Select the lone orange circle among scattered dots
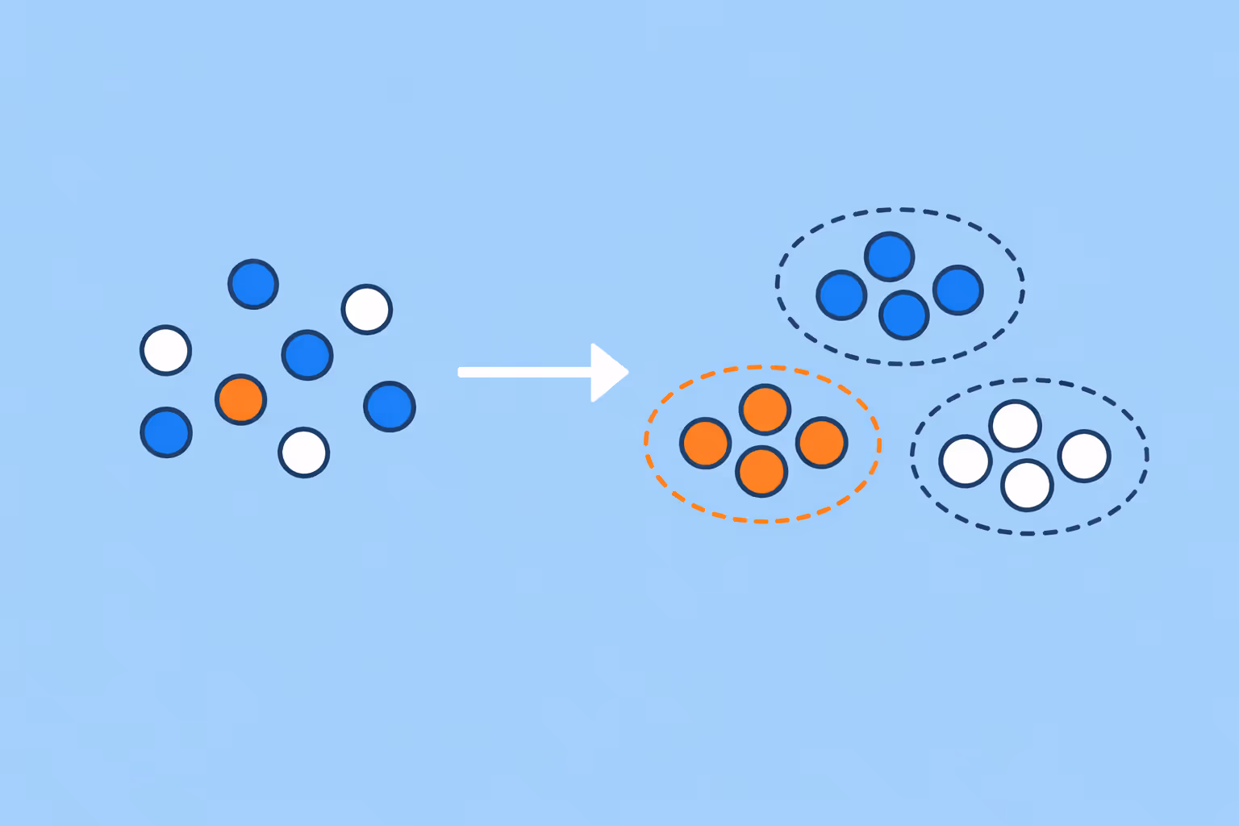pos(240,399)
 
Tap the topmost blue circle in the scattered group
pos(253,284)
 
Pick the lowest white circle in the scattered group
pos(304,452)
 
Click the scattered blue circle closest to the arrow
pos(390,406)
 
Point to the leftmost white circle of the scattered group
pos(166,350)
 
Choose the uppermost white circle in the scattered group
pos(367,309)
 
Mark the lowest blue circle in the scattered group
pos(166,432)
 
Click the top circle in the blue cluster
pos(889,257)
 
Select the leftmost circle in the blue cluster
pos(841,295)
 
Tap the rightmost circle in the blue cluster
pos(958,290)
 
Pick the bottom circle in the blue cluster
pos(904,315)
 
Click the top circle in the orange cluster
pos(765,410)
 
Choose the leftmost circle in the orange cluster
pos(706,443)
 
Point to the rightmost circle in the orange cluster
pos(821,442)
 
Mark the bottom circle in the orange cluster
pos(761,471)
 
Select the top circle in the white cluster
pos(1015,425)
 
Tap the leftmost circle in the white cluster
pos(966,461)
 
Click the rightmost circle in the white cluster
pos(1084,456)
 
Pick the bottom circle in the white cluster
pos(1027,486)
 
